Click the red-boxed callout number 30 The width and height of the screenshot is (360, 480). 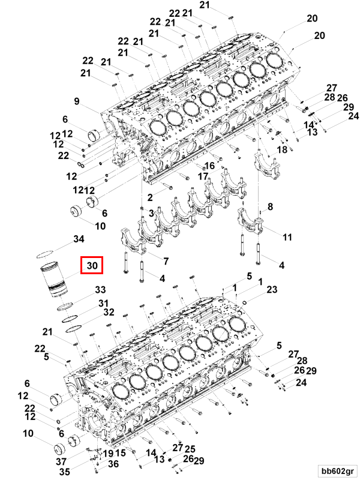tap(92, 265)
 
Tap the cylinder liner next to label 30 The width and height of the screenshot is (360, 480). tap(52, 279)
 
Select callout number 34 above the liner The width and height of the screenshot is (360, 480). tap(79, 240)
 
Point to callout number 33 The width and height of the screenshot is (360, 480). tap(100, 290)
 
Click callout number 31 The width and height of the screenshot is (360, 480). tap(103, 302)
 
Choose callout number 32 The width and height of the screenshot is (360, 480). tap(108, 312)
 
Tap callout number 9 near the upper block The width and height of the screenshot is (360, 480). tap(77, 100)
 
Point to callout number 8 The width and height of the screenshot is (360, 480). tap(270, 207)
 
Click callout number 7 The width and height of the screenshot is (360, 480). tap(166, 262)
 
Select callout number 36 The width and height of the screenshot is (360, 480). tap(113, 464)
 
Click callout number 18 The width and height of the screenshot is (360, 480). tap(281, 149)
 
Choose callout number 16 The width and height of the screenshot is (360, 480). tap(209, 166)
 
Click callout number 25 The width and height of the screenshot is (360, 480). tap(190, 449)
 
